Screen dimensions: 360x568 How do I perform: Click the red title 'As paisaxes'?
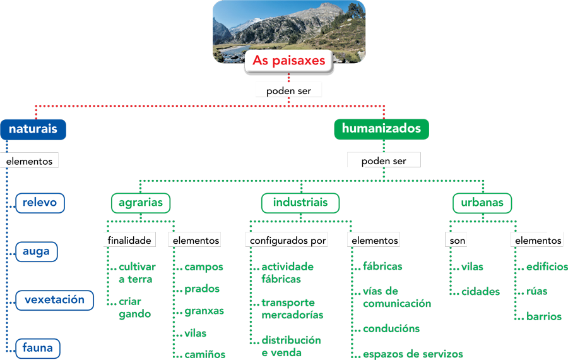pyautogui.click(x=288, y=61)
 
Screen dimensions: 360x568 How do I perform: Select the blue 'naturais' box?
pyautogui.click(x=33, y=129)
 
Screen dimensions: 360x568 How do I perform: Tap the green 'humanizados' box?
pyautogui.click(x=381, y=129)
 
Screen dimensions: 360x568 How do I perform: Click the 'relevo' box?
pyautogui.click(x=39, y=203)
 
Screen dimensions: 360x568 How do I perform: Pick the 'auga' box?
pyautogui.click(x=36, y=251)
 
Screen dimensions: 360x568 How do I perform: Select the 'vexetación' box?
pyautogui.click(x=54, y=300)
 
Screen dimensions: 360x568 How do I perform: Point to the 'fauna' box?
pyautogui.click(x=37, y=348)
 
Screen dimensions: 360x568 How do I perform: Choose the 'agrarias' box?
pyautogui.click(x=141, y=203)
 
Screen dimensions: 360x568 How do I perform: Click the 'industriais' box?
pyautogui.click(x=300, y=203)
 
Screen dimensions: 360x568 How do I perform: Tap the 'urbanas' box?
pyautogui.click(x=482, y=203)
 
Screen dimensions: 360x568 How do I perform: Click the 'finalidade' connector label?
pyautogui.click(x=129, y=241)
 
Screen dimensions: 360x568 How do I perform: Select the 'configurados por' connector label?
pyautogui.click(x=288, y=241)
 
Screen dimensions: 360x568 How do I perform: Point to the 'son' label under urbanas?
pyautogui.click(x=458, y=241)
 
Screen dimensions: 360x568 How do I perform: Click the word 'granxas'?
pyautogui.click(x=204, y=311)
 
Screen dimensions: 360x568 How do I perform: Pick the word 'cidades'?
pyautogui.click(x=480, y=292)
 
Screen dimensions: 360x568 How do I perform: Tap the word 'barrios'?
pyautogui.click(x=544, y=316)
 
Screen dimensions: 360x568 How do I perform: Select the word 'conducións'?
pyautogui.click(x=391, y=329)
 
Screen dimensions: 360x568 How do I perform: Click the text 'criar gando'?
pyautogui.click(x=135, y=308)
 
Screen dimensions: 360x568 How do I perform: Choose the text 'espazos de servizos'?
pyautogui.click(x=413, y=354)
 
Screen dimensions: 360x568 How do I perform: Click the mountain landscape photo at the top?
pyautogui.click(x=288, y=25)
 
